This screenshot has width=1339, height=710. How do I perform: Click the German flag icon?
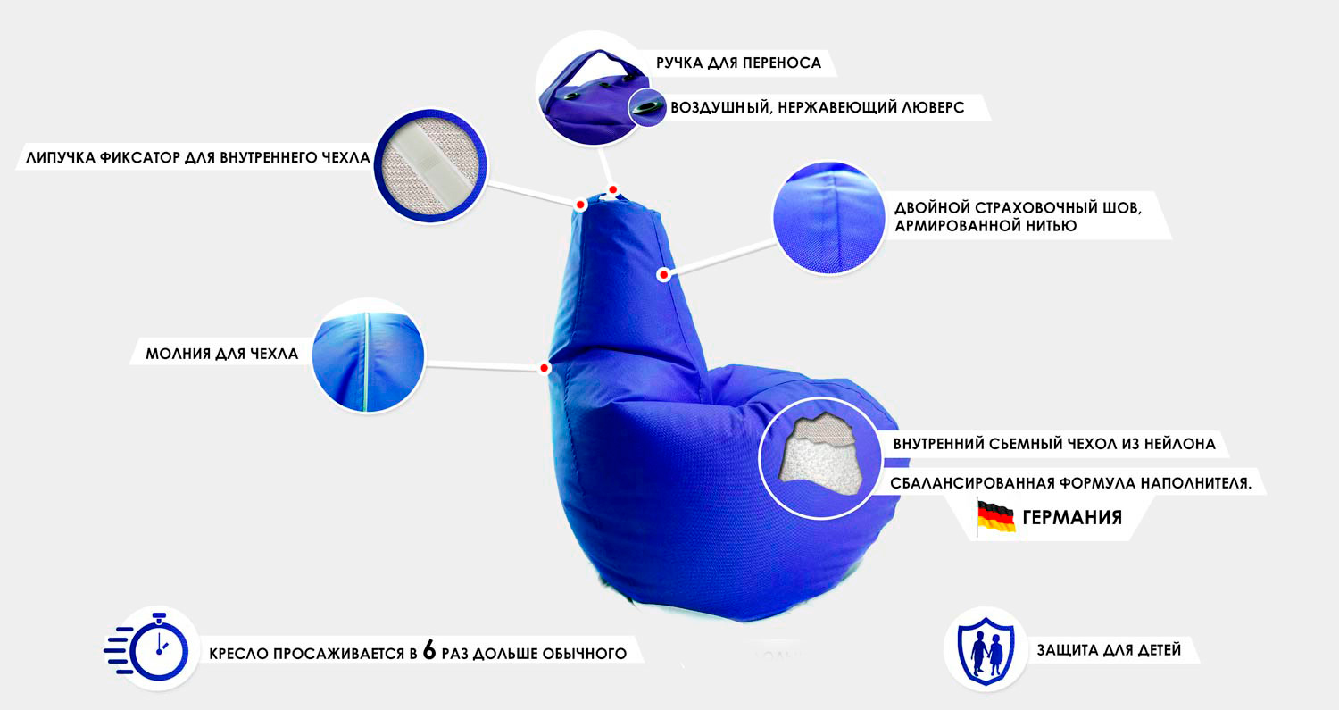click(x=995, y=517)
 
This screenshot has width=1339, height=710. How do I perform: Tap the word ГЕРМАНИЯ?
click(x=1072, y=517)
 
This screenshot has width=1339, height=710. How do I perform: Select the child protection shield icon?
click(x=986, y=650)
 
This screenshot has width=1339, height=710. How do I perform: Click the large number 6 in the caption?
click(x=429, y=650)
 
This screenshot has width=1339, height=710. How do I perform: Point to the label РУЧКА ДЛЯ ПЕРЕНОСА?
click(x=739, y=63)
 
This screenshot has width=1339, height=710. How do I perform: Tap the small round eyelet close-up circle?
click(x=647, y=108)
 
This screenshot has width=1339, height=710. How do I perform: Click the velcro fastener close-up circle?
click(x=430, y=166)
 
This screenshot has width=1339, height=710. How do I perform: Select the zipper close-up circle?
click(x=368, y=356)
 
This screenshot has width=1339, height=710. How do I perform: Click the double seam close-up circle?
click(x=829, y=217)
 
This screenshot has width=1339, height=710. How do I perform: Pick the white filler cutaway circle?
click(x=820, y=458)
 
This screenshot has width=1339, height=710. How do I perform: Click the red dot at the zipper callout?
click(x=544, y=368)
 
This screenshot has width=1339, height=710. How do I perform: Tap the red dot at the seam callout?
click(x=663, y=275)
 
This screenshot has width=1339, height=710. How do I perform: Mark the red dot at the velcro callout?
click(x=580, y=205)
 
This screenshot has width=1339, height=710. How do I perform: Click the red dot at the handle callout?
click(x=612, y=190)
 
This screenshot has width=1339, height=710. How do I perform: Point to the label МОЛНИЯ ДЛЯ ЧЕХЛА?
click(x=221, y=354)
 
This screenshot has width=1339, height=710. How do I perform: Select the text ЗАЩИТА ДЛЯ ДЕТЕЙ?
click(x=1109, y=650)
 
